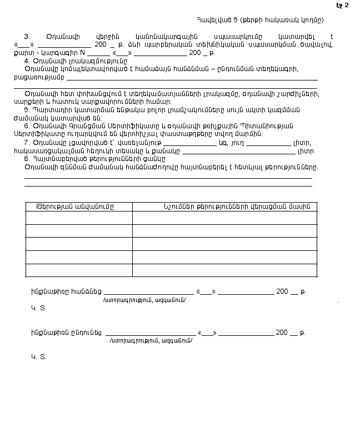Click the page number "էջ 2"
tap(343, 6)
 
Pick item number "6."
tap(27, 127)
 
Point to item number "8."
tap(27, 159)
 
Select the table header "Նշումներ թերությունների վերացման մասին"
tap(224, 207)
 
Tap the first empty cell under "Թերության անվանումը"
tap(79, 218)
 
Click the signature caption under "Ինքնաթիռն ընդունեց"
tap(152, 340)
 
